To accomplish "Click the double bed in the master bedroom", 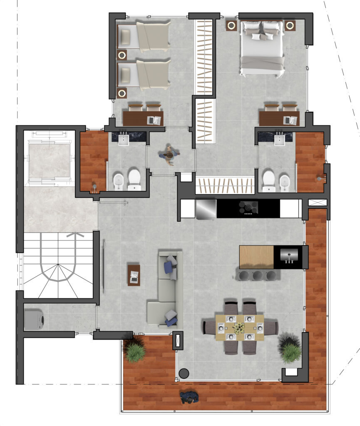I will (262, 48).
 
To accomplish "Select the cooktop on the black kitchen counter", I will (248, 207).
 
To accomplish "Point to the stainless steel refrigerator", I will (206, 208).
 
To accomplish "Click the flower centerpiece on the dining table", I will (239, 329).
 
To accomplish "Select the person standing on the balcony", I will (190, 397).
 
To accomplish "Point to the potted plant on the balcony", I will (135, 350).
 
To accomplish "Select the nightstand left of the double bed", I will (231, 26).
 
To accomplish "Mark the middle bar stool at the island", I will (258, 275).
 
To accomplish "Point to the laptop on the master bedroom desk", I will (290, 120).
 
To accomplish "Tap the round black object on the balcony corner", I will (184, 373).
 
